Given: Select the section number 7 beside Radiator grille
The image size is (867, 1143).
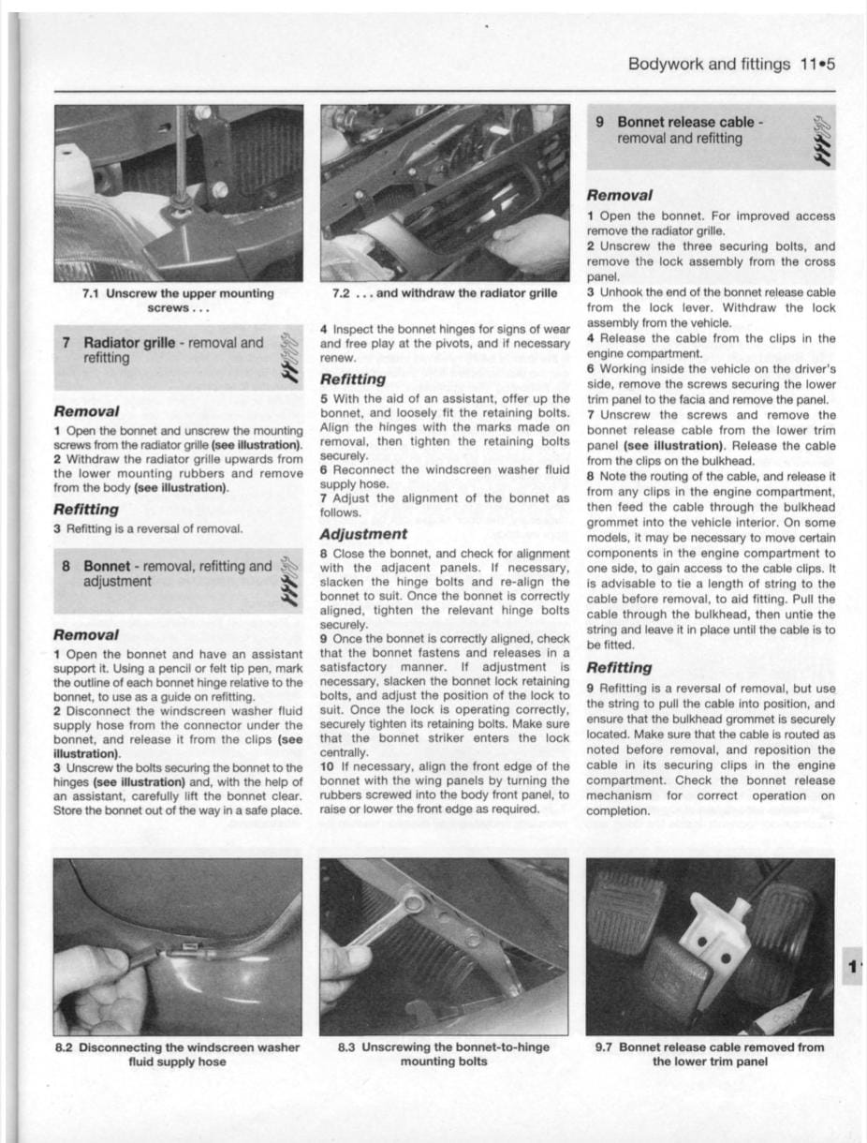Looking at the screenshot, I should [66, 343].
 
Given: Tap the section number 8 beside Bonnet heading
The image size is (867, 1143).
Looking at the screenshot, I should [66, 566].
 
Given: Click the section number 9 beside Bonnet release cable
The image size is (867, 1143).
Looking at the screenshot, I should [600, 123].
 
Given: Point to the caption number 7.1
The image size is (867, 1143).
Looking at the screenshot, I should [93, 293].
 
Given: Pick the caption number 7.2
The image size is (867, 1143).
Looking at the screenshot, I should [342, 293].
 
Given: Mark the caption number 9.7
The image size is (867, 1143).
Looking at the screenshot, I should [606, 1047].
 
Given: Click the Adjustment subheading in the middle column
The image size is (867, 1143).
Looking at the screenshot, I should [363, 534].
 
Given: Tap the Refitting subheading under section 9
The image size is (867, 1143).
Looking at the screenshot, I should [619, 668].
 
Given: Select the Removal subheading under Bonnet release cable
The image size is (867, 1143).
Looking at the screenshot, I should [619, 196].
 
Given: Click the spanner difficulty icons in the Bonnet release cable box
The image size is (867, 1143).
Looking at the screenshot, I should [821, 141].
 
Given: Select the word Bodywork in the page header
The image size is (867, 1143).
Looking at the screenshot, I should [666, 65].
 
